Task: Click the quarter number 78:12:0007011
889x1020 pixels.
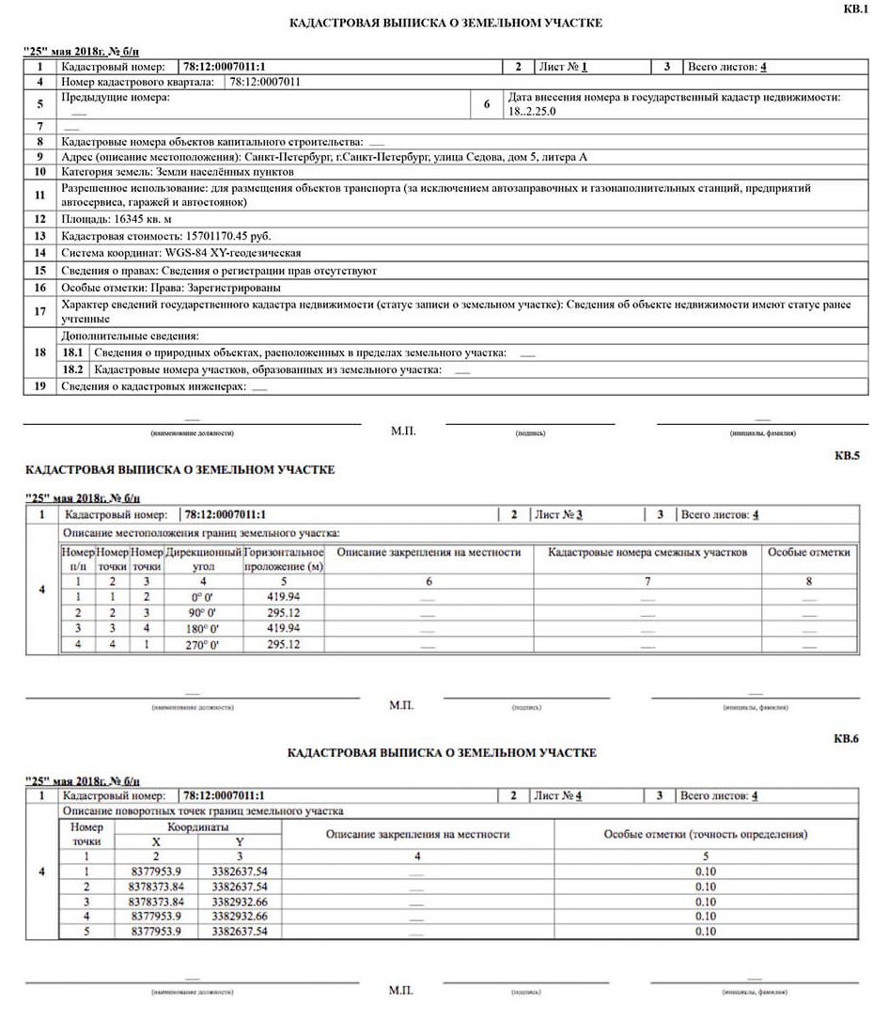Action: coord(266,82)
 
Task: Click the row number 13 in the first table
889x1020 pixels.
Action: coord(39,236)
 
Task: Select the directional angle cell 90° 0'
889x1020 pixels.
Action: coord(203,612)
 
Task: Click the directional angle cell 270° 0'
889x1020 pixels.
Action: coord(203,645)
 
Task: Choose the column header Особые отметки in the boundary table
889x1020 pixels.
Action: coord(808,553)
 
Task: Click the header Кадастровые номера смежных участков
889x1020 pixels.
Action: coord(647,553)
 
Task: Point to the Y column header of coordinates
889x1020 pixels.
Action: coord(239,842)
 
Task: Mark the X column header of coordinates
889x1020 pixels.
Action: coord(156,842)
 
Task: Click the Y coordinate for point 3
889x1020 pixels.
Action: coord(240,902)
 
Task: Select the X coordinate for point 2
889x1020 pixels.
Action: coord(157,887)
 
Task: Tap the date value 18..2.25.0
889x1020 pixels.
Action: coord(533,111)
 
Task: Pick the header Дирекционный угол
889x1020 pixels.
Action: coord(203,559)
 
